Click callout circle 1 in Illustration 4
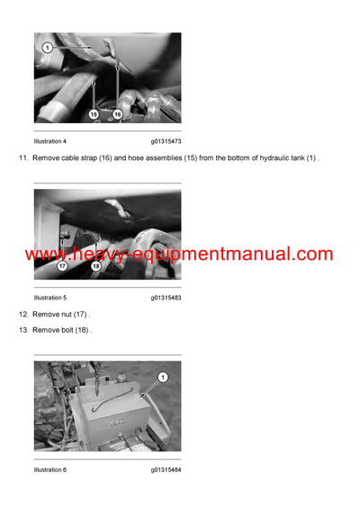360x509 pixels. pos(48,46)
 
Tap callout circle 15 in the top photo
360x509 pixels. pos(93,114)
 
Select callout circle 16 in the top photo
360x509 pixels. pos(117,114)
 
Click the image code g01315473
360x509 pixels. pos(166,141)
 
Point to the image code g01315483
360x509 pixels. pos(166,297)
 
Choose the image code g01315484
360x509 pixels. pos(166,469)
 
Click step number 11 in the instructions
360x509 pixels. pos(23,158)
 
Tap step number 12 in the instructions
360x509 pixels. pos(23,314)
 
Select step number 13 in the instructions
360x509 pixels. pos(23,330)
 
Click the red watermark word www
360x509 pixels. pos(46,255)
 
